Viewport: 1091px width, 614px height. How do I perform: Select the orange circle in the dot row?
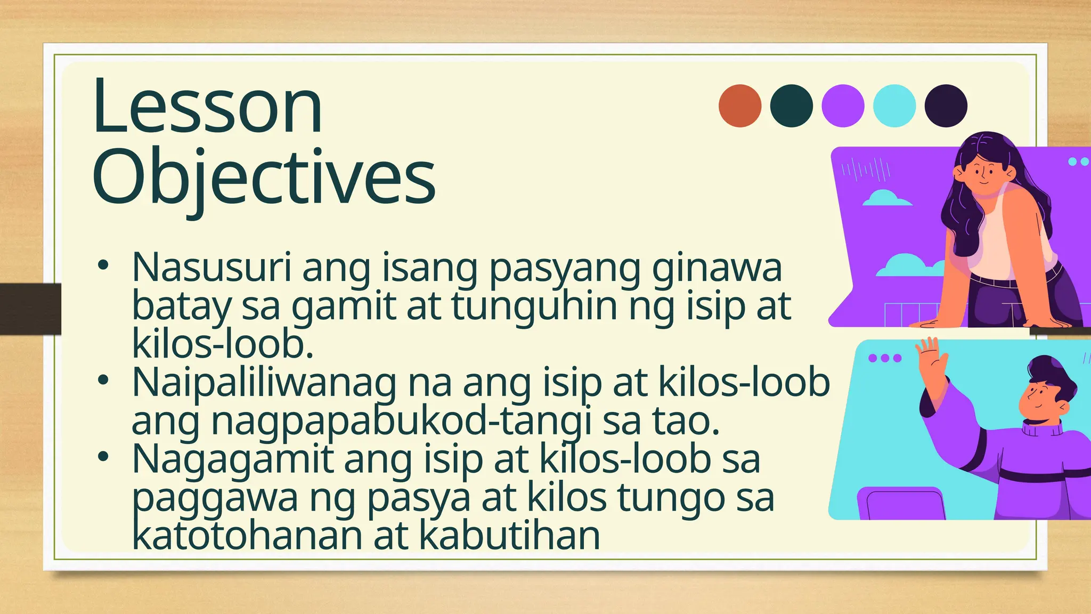(740, 106)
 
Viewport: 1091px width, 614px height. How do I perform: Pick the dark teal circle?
(791, 106)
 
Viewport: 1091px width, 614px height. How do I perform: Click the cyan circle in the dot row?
(894, 106)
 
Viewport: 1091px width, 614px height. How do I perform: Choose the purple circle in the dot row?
(843, 106)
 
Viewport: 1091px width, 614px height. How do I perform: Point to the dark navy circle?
(946, 106)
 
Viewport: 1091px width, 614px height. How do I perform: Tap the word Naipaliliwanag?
(264, 383)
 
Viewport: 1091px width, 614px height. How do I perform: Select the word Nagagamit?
(232, 459)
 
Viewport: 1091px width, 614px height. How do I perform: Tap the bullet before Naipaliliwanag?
(103, 380)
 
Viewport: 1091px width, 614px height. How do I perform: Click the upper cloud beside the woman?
(886, 198)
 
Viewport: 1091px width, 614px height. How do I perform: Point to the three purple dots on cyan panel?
(885, 358)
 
